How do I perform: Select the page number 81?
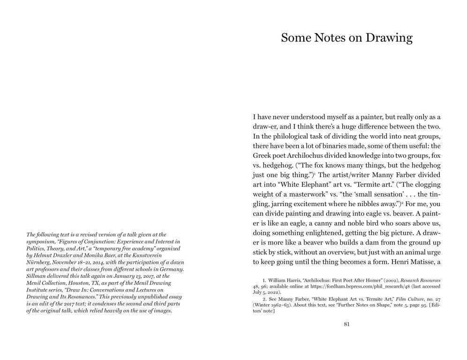point(346,324)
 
